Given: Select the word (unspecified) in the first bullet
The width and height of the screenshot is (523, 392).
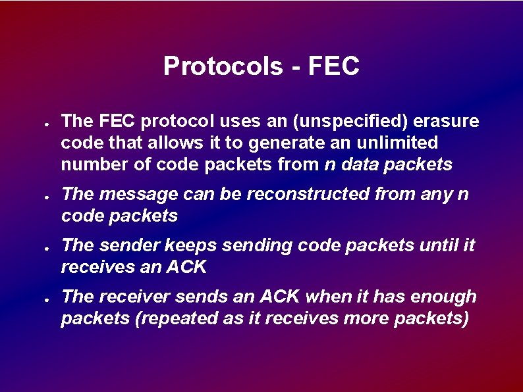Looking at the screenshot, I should pos(344,121).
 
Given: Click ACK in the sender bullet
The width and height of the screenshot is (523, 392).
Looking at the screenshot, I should pos(187,267).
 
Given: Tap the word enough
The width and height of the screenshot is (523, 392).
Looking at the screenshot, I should pos(445,297).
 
